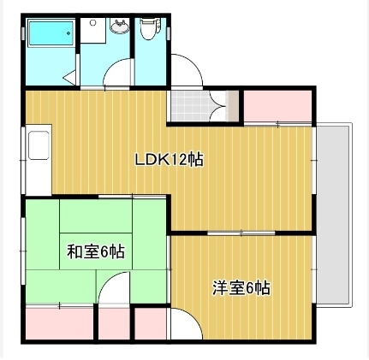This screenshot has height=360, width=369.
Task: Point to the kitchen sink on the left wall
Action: [39, 157]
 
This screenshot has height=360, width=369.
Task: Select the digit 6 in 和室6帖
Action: [103, 252]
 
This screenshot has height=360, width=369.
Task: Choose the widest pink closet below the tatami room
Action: [58, 322]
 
